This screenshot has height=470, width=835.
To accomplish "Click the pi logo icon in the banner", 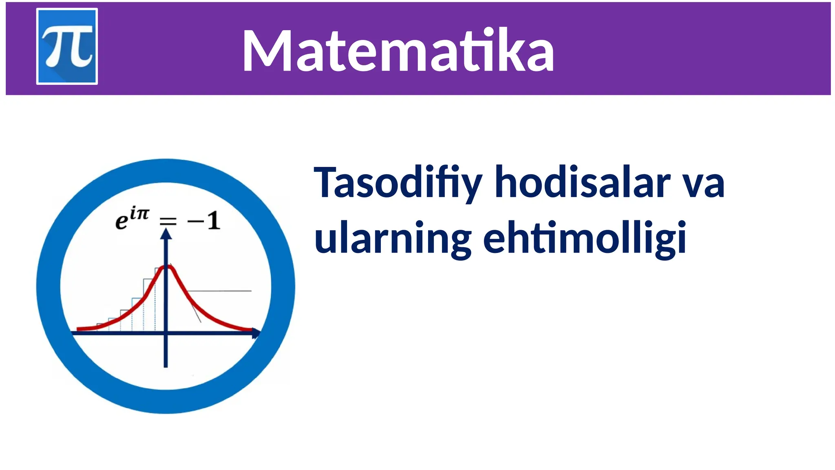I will click(67, 46).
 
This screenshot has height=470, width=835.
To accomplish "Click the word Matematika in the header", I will click(398, 51).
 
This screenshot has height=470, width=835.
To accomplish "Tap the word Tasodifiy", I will click(398, 183).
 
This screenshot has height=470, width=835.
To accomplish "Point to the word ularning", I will click(393, 238).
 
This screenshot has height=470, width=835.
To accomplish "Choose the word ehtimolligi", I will click(584, 238).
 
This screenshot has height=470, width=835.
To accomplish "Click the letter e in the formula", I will click(121, 222).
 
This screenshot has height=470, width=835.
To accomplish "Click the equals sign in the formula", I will click(168, 222).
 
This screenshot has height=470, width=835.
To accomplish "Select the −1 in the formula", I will click(204, 221).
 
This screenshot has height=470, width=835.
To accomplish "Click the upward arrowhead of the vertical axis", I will click(166, 234).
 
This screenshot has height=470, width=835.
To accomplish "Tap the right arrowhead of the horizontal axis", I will click(256, 333).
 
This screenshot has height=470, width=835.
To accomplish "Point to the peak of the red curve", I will click(167, 266).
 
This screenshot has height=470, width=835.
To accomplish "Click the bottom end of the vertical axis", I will click(166, 366).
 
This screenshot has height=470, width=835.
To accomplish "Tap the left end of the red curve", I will click(78, 329).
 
